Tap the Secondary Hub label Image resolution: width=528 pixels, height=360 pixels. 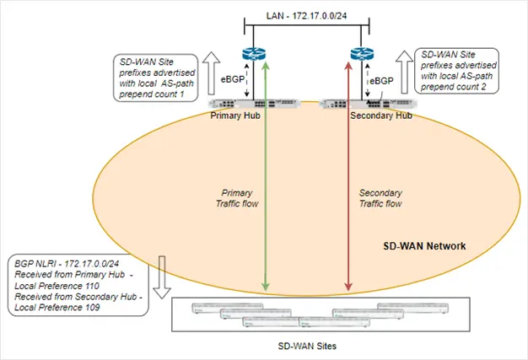click(x=380, y=116)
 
